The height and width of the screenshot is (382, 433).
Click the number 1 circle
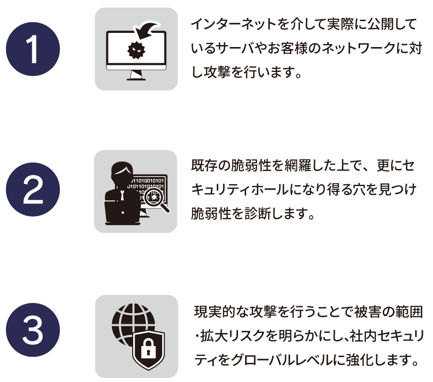tap(33, 49)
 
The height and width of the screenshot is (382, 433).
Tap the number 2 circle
tap(33, 190)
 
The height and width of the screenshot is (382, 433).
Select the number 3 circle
tap(33, 330)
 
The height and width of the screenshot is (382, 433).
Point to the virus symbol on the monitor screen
tap(136, 50)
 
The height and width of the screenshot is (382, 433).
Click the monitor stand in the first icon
tap(136, 75)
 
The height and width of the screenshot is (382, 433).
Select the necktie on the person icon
tap(122, 195)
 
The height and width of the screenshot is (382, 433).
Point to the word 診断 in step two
tap(257, 214)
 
